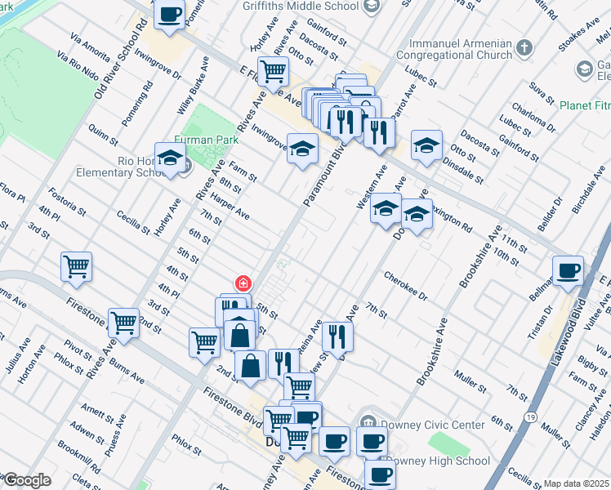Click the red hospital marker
coord(243,284)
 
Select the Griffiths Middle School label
coord(301,7)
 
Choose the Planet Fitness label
coord(584,105)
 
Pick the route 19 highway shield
coord(530,416)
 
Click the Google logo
coord(28,480)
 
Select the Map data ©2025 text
coord(577,483)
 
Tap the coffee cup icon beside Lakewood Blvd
coord(568,270)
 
